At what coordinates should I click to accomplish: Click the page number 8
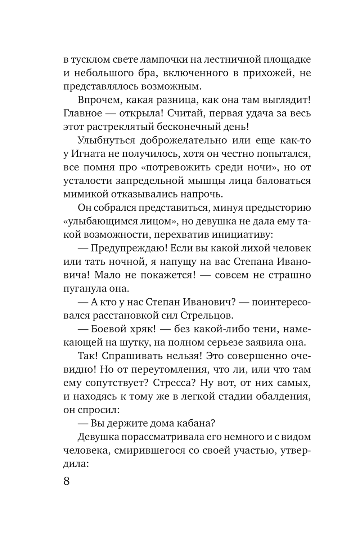(67, 481)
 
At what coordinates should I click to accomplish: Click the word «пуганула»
(84, 289)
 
